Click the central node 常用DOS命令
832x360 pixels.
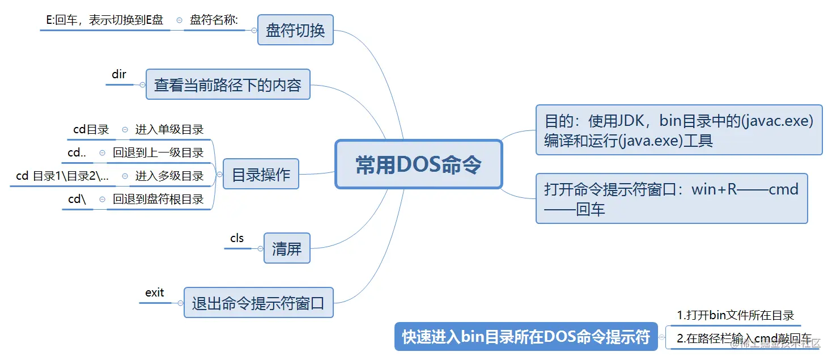419,164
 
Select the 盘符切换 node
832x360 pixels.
295,30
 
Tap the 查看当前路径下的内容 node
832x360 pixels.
228,84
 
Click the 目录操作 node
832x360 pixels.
261,174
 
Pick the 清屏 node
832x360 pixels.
287,248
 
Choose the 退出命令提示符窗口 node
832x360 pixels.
258,303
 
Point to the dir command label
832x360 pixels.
119,74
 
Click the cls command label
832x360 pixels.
237,238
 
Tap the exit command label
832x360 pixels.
154,293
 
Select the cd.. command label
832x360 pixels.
77,153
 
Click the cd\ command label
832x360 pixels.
77,199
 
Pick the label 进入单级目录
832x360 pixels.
169,129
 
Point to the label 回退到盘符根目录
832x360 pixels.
158,199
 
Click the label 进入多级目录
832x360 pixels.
169,176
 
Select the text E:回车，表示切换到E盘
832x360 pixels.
104,20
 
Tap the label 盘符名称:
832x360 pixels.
214,20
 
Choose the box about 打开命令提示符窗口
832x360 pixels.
671,198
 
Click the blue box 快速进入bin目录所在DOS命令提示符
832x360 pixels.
526,337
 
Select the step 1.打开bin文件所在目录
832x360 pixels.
735,315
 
